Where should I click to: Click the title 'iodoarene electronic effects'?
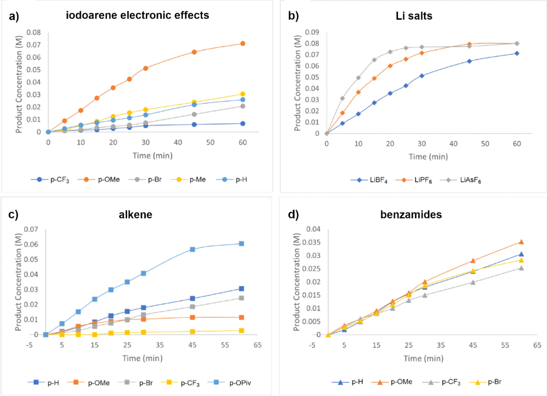137,15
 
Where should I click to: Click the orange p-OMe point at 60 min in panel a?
243,43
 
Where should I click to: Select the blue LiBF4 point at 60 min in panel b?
517,53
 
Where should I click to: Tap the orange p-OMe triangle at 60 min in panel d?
521,242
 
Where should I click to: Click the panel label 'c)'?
14,215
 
